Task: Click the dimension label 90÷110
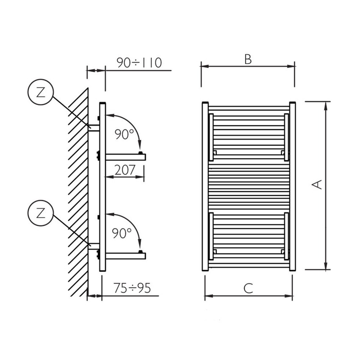pos(139,63)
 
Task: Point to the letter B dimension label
pos(248,59)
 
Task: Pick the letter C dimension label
pos(248,288)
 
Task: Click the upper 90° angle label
pos(124,135)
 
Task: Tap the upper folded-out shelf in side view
pos(125,157)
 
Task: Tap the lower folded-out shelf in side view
pos(125,255)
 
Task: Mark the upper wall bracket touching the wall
pos(94,127)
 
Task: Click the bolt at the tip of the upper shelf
pos(140,153)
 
